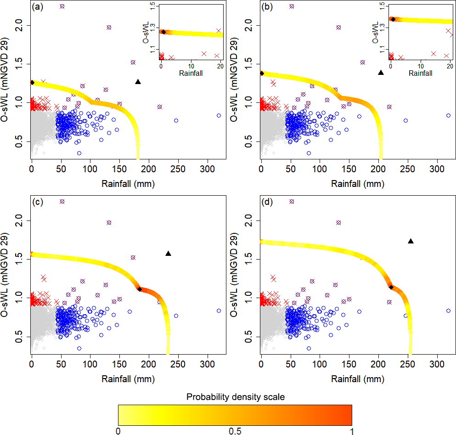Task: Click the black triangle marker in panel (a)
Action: pos(138,82)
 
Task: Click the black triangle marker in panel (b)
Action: pos(381,73)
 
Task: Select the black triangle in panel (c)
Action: pos(168,254)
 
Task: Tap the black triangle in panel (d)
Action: pos(411,241)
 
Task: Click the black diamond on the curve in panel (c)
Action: pos(140,289)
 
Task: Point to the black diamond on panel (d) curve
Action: pos(391,287)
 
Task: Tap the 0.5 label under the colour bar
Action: pos(235,431)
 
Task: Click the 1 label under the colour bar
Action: pos(352,431)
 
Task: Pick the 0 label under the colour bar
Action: pos(118,431)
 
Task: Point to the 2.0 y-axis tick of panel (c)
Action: pos(19,221)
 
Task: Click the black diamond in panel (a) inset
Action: pos(163,32)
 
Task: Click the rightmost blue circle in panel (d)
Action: pos(448,311)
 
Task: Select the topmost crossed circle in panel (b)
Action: pos(292,6)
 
